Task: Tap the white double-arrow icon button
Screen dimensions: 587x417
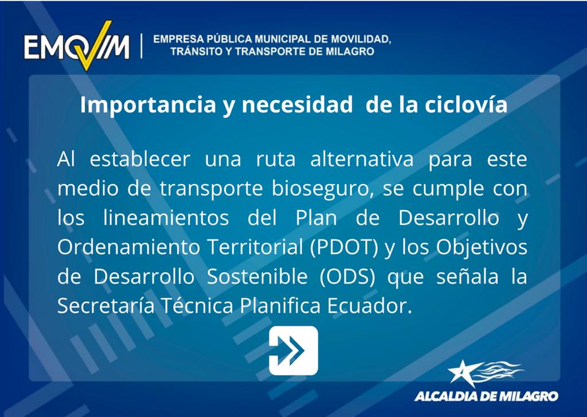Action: pos(293,350)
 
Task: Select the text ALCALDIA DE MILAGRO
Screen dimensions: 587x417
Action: pos(486,396)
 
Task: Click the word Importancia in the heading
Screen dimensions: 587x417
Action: pos(148,106)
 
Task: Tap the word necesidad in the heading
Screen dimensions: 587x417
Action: pos(297,105)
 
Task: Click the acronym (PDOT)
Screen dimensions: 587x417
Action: pos(344,247)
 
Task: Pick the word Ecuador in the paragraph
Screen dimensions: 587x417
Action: pos(369,306)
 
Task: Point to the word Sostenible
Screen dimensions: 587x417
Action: pos(257,276)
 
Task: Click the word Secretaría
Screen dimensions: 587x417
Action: pos(106,306)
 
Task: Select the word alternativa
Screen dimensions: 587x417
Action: pos(362,159)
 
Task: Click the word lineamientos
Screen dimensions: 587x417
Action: pos(166,218)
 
